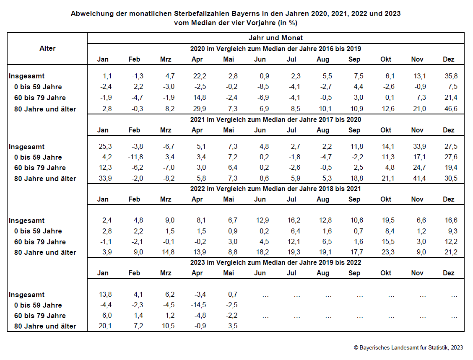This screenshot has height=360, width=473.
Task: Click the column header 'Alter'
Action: pyautogui.click(x=47, y=48)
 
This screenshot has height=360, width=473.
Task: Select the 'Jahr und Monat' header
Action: pyautogui.click(x=275, y=38)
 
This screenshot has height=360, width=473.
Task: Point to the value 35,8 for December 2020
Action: pyautogui.click(x=451, y=76)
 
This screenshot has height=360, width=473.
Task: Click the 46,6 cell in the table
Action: pyautogui.click(x=451, y=109)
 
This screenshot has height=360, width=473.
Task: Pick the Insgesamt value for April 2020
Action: pyautogui.click(x=200, y=76)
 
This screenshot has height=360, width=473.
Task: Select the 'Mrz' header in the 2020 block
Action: pyautogui.click(x=166, y=60)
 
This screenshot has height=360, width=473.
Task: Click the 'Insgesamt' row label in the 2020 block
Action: pyautogui.click(x=26, y=76)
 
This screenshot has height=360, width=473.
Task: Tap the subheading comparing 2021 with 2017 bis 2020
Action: pyautogui.click(x=275, y=120)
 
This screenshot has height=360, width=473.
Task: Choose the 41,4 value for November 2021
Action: pyautogui.click(x=419, y=179)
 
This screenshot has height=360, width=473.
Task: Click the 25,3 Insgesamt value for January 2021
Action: pyautogui.click(x=105, y=147)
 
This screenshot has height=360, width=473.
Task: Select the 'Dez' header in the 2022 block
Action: pyautogui.click(x=449, y=199)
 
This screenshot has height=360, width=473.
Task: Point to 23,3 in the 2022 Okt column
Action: pyautogui.click(x=388, y=252)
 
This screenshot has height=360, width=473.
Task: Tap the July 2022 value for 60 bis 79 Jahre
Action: pyautogui.click(x=294, y=241)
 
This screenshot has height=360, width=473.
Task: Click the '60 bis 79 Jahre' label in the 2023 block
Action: pyautogui.click(x=40, y=316)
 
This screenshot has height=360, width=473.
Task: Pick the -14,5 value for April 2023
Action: pyautogui.click(x=198, y=305)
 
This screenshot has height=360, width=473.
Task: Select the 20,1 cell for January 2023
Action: pyautogui.click(x=105, y=326)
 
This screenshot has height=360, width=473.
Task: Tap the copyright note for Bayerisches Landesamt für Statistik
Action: pyautogui.click(x=408, y=348)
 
